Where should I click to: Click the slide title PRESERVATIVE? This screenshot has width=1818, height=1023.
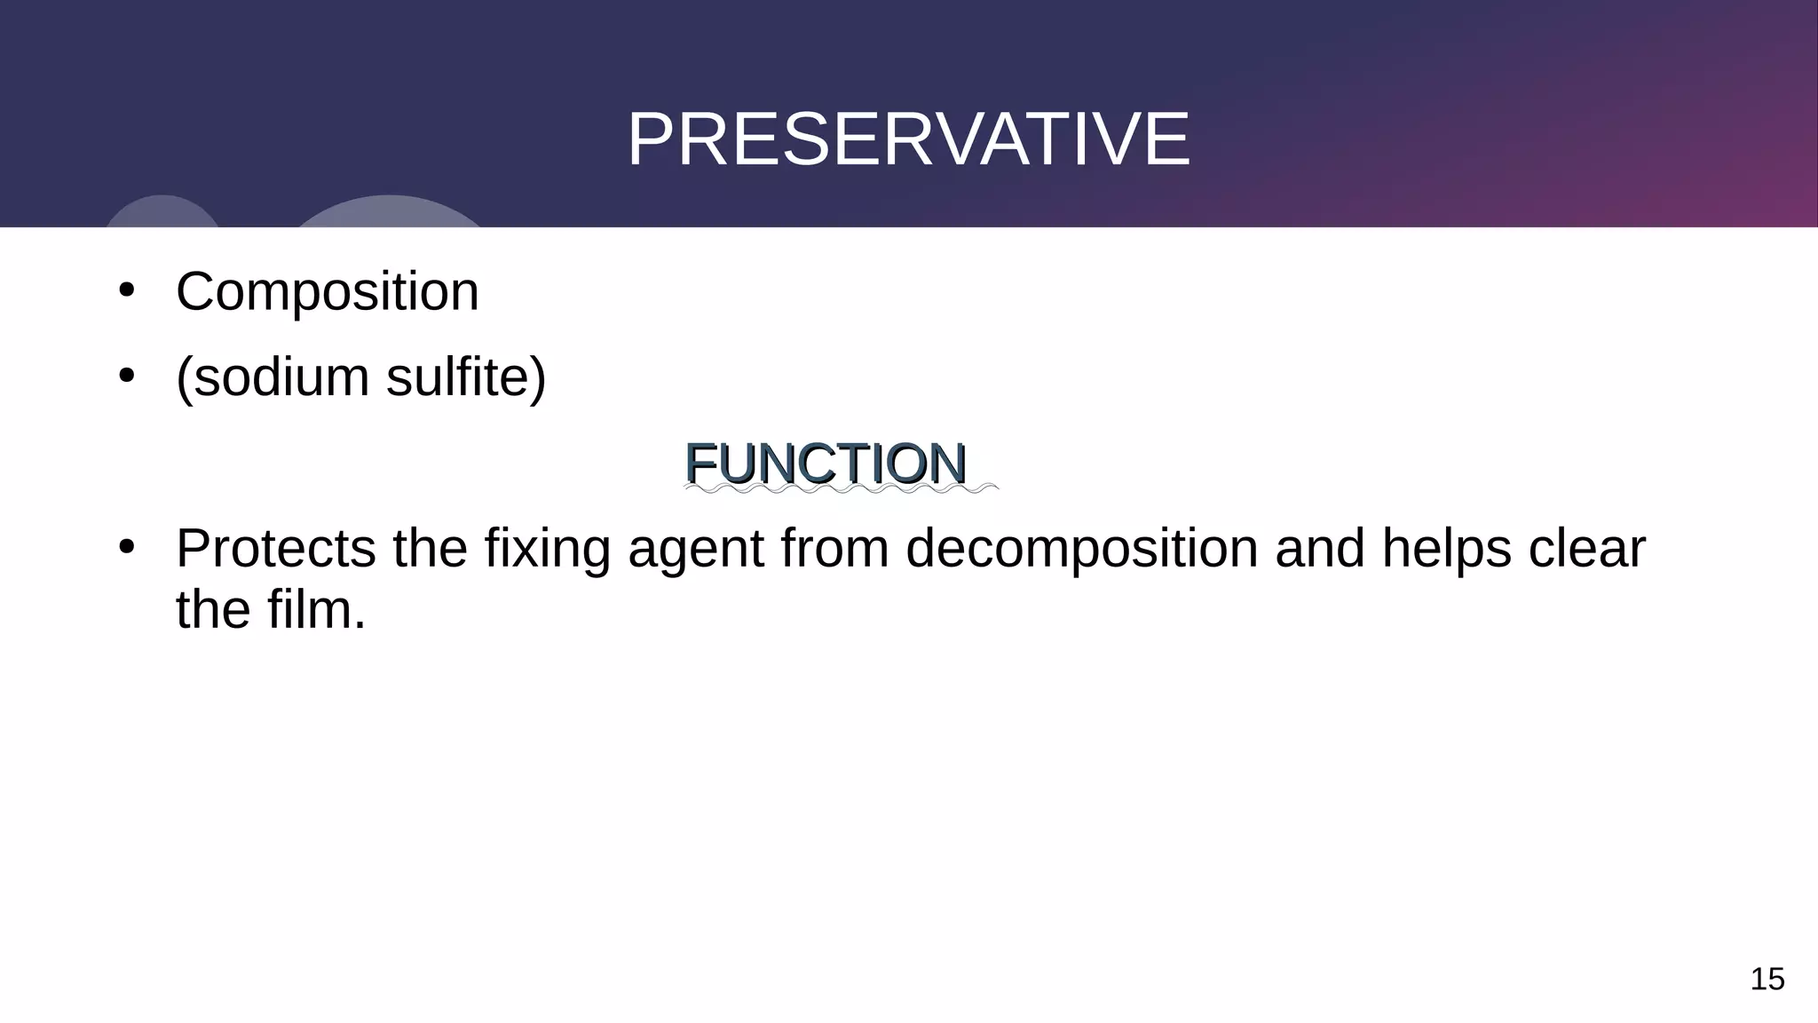click(x=908, y=139)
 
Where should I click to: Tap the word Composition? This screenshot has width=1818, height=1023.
click(x=327, y=291)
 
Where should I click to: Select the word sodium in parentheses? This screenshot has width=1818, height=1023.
click(x=281, y=377)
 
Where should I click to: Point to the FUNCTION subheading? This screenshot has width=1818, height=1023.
click(x=826, y=464)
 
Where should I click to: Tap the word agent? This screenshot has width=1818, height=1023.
click(x=696, y=551)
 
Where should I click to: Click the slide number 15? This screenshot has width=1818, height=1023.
click(x=1767, y=979)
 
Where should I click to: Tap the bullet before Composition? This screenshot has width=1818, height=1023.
click(x=126, y=291)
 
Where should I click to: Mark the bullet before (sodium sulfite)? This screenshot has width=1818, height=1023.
click(x=126, y=377)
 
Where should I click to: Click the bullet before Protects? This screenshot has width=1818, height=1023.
click(x=126, y=548)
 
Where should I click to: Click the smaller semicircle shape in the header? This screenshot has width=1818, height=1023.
click(x=162, y=212)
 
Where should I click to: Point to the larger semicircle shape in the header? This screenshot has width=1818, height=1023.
click(x=388, y=213)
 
